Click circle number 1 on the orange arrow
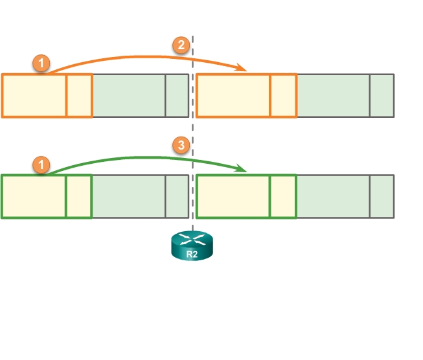click(x=41, y=63)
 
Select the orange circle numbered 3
click(x=183, y=145)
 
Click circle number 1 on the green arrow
click(x=41, y=165)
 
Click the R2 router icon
click(x=192, y=247)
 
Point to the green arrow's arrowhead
click(x=245, y=169)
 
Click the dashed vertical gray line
click(x=193, y=129)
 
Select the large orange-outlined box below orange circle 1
click(x=34, y=96)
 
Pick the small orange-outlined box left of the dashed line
click(x=80, y=96)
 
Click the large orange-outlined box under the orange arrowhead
click(x=233, y=96)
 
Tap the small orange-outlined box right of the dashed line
click(x=283, y=96)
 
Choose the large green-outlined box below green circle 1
click(x=34, y=196)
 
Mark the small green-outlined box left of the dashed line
click(x=79, y=196)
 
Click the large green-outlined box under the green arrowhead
click(x=233, y=196)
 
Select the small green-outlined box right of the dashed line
click(x=282, y=196)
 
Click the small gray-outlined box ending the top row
click(x=382, y=96)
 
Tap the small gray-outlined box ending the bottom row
click(x=382, y=196)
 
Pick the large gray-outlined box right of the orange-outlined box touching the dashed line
click(x=333, y=96)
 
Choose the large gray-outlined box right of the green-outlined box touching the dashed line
click(x=333, y=196)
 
